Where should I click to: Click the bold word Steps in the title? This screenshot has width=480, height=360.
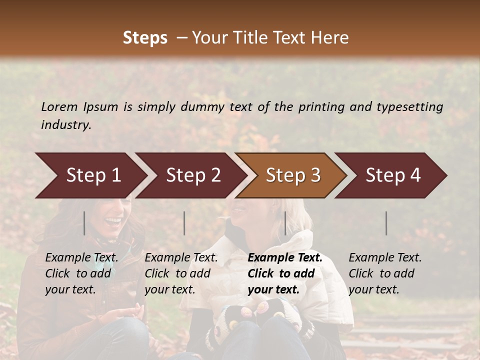tap(145, 38)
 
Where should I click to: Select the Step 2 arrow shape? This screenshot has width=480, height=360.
tap(193, 175)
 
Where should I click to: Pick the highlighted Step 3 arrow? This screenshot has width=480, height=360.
tap(293, 175)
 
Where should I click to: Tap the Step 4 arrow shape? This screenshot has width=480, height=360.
tap(393, 175)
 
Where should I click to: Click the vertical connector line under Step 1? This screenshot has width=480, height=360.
tap(84, 223)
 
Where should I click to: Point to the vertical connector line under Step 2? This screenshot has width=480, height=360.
tap(184, 223)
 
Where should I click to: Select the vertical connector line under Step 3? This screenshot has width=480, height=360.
tap(285, 223)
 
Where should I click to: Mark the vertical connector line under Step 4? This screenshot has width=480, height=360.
tap(386, 223)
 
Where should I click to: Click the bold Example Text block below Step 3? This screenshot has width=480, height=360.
tap(285, 273)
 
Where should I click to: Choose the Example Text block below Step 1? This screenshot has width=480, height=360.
tap(82, 273)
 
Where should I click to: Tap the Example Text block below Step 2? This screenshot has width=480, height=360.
tap(181, 273)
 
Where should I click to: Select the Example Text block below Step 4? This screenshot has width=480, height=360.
tap(385, 273)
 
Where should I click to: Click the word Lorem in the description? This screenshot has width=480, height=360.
tap(59, 107)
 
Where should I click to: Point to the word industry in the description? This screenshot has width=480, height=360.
tap(66, 125)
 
